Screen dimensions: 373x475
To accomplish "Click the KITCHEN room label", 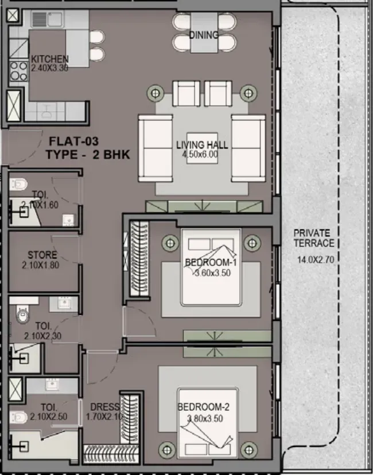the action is pyautogui.click(x=50, y=59).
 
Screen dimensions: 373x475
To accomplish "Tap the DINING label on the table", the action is pyautogui.click(x=204, y=35).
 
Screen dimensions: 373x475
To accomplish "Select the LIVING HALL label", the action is pyautogui.click(x=202, y=145).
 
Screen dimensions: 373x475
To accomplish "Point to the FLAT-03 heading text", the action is pyautogui.click(x=74, y=141).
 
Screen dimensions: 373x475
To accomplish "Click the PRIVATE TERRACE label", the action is pyautogui.click(x=313, y=238).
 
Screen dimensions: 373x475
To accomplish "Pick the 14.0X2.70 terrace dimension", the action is pyautogui.click(x=316, y=260).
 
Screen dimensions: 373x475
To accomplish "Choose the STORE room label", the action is pyautogui.click(x=42, y=255).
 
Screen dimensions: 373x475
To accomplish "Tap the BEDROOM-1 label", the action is pyautogui.click(x=211, y=262).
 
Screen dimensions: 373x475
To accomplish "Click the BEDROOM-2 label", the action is pyautogui.click(x=203, y=407).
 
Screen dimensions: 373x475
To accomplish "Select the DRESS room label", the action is pyautogui.click(x=104, y=407).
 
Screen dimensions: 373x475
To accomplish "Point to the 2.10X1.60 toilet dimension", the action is pyautogui.click(x=40, y=205).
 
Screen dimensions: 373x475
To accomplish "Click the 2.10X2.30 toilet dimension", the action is pyautogui.click(x=43, y=336).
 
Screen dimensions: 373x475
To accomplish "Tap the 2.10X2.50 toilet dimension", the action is pyautogui.click(x=49, y=417).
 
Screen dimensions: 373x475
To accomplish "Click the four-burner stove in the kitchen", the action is pyautogui.click(x=19, y=71).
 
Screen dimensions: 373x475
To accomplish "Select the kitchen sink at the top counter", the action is pyautogui.click(x=46, y=19).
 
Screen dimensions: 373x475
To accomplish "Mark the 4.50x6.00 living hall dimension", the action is pyautogui.click(x=200, y=154).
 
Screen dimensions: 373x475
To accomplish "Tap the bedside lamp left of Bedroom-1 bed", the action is pyautogui.click(x=170, y=243).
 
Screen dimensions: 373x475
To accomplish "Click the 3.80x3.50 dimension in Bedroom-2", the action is pyautogui.click(x=205, y=419).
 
